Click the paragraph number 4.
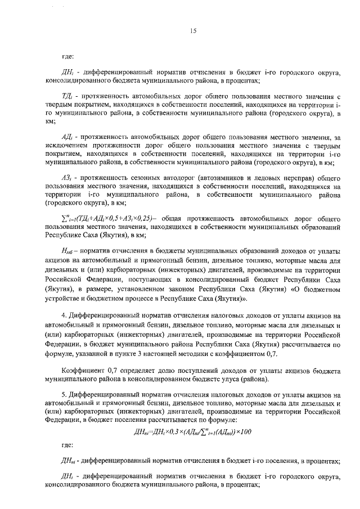click(64, 316)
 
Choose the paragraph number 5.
click(64, 394)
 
